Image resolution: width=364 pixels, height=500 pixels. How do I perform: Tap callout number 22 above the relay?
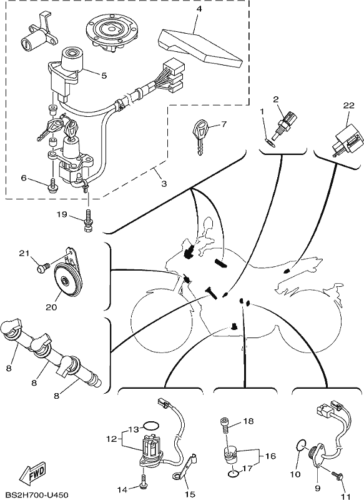click(x=349, y=106)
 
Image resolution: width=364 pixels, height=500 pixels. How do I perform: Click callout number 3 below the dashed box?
click(x=164, y=184)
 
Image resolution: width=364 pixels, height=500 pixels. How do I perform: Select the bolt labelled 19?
click(x=87, y=221)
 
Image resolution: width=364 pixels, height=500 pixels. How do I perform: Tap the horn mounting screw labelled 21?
click(x=42, y=267)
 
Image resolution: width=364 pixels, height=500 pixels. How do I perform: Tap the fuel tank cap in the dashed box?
click(x=109, y=34)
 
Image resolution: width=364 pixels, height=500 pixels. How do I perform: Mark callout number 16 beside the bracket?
click(x=270, y=456)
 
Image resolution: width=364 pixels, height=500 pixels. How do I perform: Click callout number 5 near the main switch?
click(x=104, y=76)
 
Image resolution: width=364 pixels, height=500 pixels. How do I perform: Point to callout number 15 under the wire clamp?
click(x=190, y=494)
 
